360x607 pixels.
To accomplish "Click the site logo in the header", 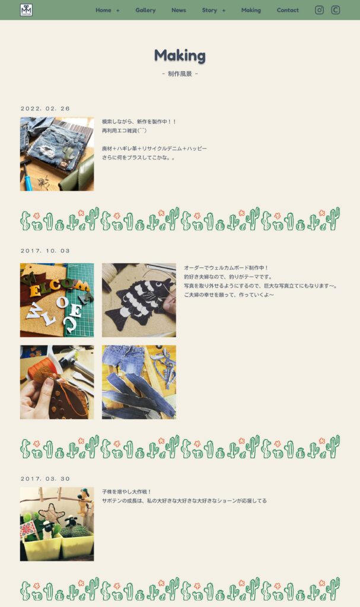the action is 26,10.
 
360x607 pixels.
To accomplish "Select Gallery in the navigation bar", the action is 145,11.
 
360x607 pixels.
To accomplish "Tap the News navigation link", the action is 179,11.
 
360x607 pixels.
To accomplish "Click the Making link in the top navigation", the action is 251,11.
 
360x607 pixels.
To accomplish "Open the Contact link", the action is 288,11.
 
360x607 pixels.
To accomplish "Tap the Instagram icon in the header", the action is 319,10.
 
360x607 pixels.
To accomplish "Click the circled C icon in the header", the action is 336,10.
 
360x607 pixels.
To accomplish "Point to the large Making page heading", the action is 180,56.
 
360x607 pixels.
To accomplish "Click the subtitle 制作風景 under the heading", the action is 180,74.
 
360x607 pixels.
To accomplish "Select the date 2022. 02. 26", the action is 45,109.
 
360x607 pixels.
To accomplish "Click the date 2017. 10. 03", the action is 45,251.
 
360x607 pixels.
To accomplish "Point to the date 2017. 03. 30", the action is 45,479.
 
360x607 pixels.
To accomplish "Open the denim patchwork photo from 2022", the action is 57,154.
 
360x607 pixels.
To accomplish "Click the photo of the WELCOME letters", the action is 57,300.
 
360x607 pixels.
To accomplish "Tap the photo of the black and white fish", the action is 139,300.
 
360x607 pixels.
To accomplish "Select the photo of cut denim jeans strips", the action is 139,382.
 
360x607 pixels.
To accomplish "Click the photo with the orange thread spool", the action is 57,382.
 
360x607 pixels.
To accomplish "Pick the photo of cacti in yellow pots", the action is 57,524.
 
